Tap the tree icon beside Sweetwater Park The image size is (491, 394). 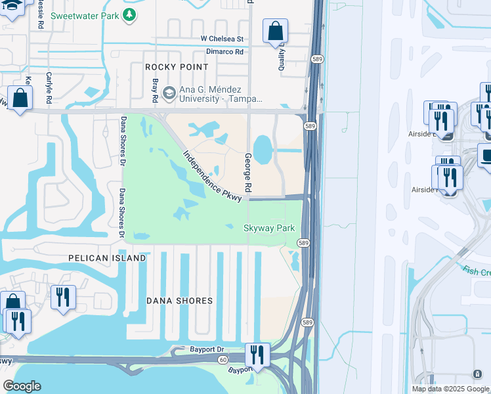pyautogui.click(x=131, y=14)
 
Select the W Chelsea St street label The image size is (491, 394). pyautogui.click(x=222, y=39)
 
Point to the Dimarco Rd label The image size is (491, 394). pyautogui.click(x=224, y=51)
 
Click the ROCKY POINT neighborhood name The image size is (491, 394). pyautogui.click(x=177, y=67)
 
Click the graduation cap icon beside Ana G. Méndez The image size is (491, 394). pyautogui.click(x=168, y=93)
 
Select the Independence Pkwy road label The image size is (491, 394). pyautogui.click(x=209, y=176)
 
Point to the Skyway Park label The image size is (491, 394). pyautogui.click(x=268, y=228)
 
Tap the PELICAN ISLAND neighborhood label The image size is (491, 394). pyautogui.click(x=107, y=258)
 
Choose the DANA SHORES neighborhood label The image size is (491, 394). pyautogui.click(x=179, y=301)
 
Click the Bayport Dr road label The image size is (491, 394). pyautogui.click(x=207, y=350)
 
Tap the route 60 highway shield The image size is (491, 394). pyautogui.click(x=224, y=360)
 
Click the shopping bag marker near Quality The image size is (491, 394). pyautogui.click(x=275, y=31)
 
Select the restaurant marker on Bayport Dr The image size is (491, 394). pyautogui.click(x=257, y=355)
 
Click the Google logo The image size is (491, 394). pyautogui.click(x=22, y=386)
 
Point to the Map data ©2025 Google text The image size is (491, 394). pyautogui.click(x=450, y=389)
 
